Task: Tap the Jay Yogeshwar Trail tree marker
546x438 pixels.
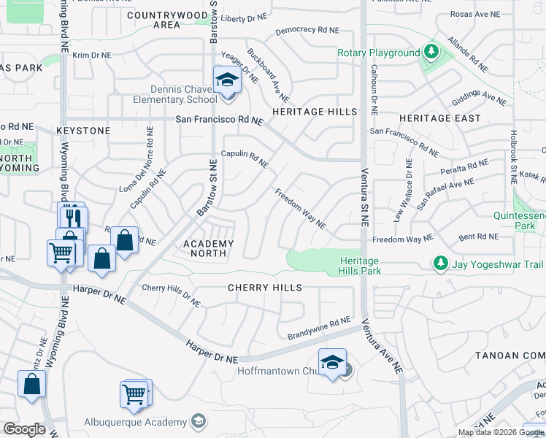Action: tap(440, 262)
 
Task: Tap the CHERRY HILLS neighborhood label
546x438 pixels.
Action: tap(265, 288)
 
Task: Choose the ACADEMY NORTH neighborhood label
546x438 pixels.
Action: tap(209, 249)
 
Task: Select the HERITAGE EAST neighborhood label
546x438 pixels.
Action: tap(440, 118)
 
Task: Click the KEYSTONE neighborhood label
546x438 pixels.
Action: tap(84, 131)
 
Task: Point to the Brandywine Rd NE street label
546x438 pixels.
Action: tap(320, 328)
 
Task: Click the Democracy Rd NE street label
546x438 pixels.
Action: tap(307, 31)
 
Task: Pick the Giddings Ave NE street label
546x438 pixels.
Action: tap(479, 97)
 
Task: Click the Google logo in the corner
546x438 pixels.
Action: tap(23, 430)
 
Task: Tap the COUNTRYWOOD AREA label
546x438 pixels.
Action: tap(167, 20)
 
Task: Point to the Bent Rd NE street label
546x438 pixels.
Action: tap(478, 237)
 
